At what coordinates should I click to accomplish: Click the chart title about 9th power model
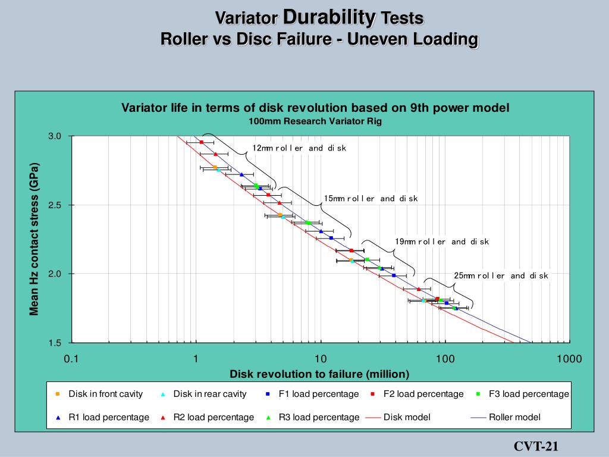(315, 108)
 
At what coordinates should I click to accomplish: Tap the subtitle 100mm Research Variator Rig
(315, 121)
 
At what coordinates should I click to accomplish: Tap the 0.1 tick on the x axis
(71, 359)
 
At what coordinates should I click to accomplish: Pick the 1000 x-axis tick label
(569, 359)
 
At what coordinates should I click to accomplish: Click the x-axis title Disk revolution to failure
(319, 374)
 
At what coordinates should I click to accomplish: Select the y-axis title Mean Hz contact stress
(34, 239)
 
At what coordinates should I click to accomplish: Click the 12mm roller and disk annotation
(299, 148)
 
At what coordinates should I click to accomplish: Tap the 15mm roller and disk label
(371, 198)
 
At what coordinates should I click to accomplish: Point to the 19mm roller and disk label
(442, 242)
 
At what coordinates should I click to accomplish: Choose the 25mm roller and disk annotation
(501, 276)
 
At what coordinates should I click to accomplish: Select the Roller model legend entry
(514, 417)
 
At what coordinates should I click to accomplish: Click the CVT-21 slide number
(536, 447)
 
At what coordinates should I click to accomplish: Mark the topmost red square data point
(202, 142)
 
